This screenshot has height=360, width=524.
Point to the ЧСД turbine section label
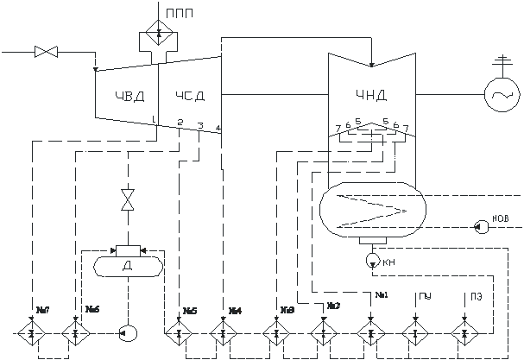point(190,95)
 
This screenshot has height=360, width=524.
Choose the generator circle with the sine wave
point(500,89)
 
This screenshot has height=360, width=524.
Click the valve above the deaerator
point(129,199)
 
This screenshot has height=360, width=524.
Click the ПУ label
point(425,298)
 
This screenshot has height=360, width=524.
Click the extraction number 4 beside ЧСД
point(218,128)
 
